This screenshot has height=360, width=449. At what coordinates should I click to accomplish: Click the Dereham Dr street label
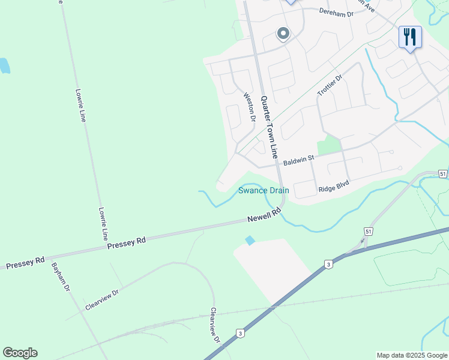(x=336, y=12)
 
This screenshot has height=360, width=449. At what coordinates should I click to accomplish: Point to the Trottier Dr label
(x=329, y=85)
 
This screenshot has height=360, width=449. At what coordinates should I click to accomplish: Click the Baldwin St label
(x=299, y=161)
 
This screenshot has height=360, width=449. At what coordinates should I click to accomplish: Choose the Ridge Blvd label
(x=334, y=187)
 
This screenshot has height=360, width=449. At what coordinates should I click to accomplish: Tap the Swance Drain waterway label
(x=264, y=190)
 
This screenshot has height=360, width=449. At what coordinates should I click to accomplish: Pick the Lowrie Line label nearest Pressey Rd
(x=103, y=223)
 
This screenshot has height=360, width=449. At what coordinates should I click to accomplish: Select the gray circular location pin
(x=283, y=34)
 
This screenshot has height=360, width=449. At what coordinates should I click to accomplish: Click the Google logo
(x=20, y=353)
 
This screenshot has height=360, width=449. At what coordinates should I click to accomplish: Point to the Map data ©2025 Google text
(x=412, y=355)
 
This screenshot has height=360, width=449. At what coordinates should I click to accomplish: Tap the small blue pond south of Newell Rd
(x=250, y=240)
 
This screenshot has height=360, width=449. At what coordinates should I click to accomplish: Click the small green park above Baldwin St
(x=328, y=145)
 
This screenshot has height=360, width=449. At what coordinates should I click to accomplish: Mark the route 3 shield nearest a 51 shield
(x=328, y=264)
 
